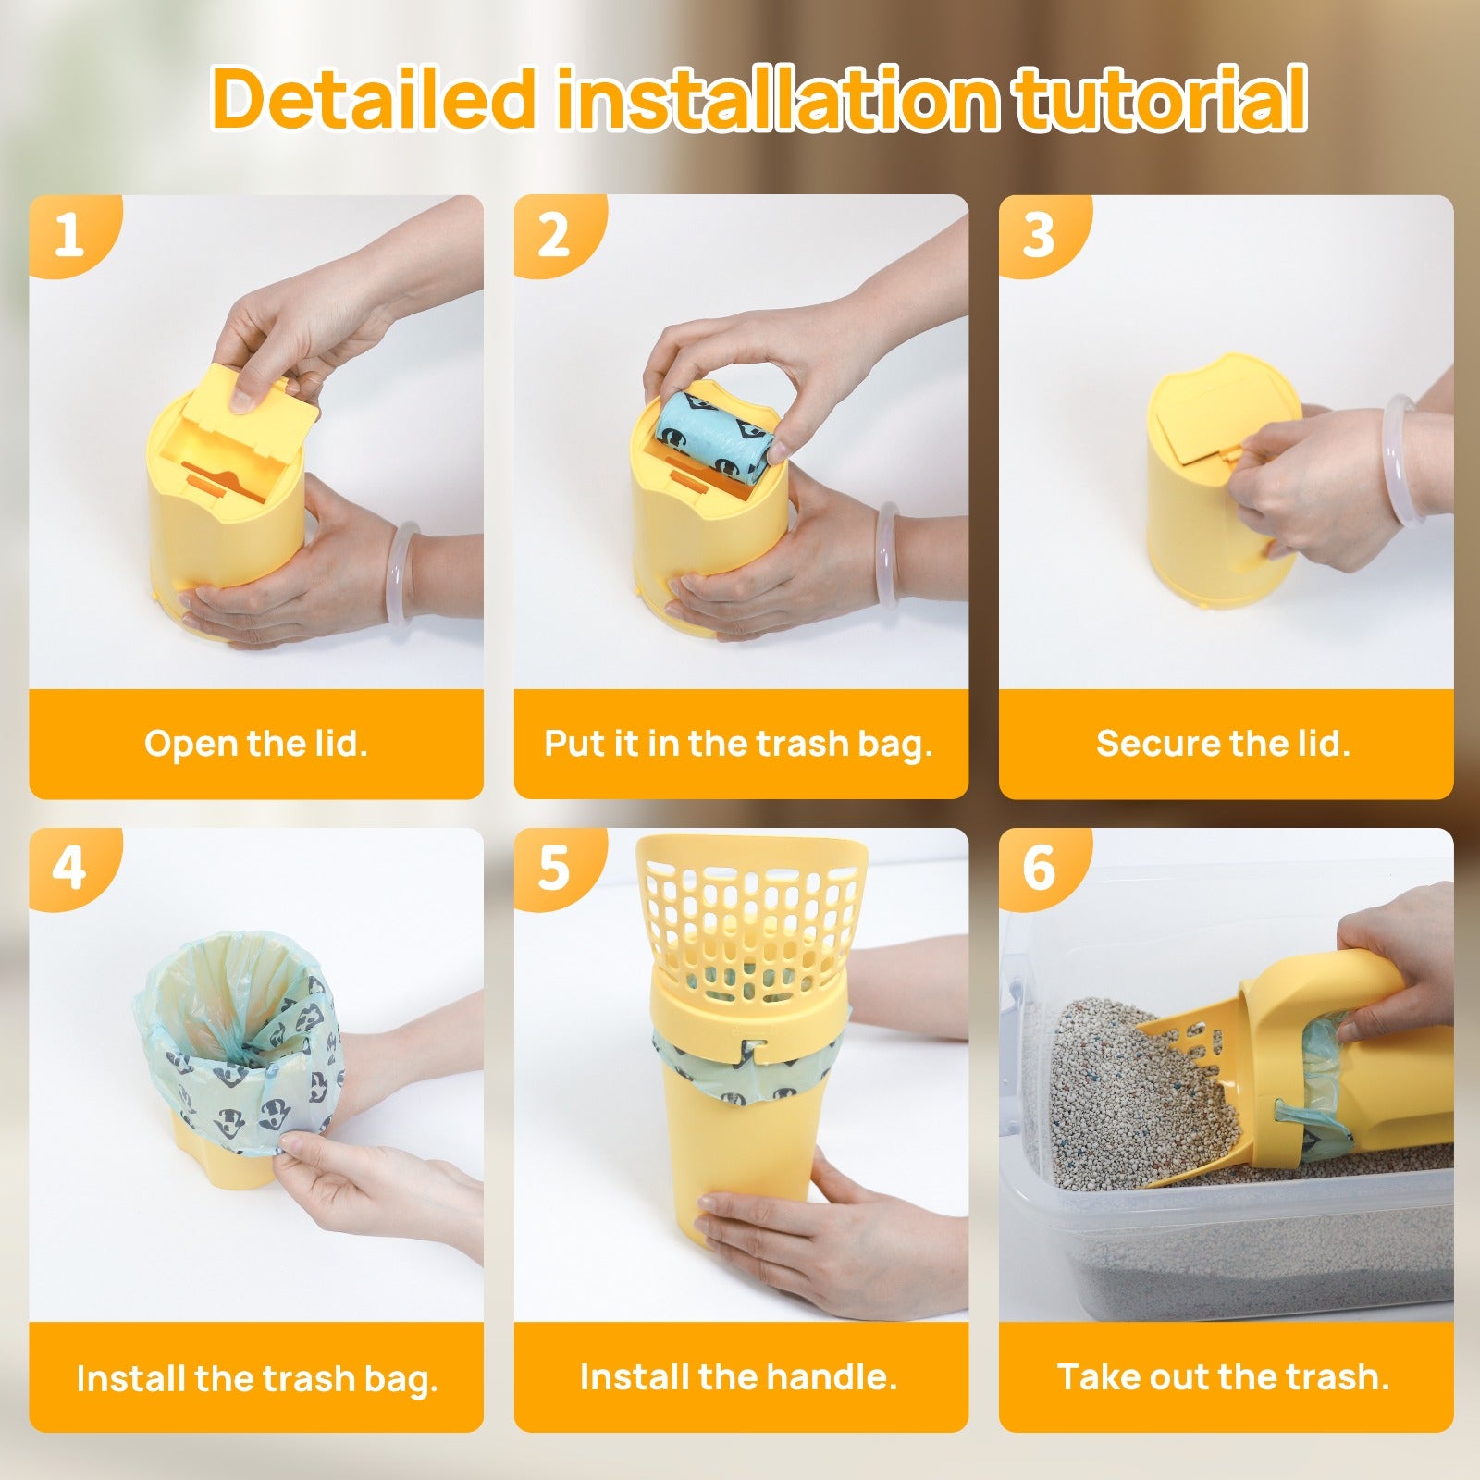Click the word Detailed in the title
click(374, 97)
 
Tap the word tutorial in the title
click(1159, 97)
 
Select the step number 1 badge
click(70, 235)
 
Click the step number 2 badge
click(554, 235)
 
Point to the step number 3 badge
click(1039, 235)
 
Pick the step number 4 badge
click(70, 869)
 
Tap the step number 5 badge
click(554, 869)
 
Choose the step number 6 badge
click(1039, 869)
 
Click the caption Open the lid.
click(256, 744)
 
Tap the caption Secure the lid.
click(1224, 744)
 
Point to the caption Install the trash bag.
click(257, 1379)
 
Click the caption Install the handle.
click(739, 1377)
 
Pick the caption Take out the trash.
click(1224, 1377)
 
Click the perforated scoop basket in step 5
click(750, 916)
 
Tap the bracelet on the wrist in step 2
click(887, 554)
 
